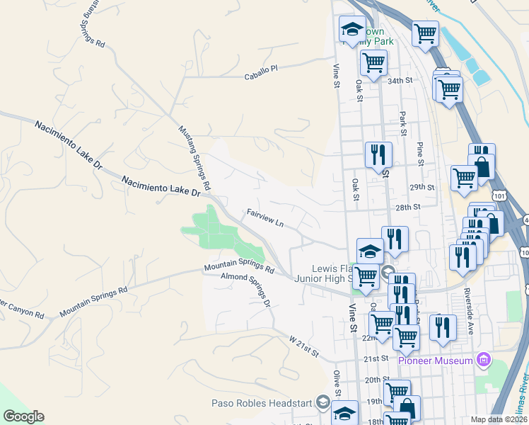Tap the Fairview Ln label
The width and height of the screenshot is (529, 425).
[265, 217]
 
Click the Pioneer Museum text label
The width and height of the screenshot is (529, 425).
[435, 361]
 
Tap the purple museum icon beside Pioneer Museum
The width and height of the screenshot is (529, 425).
[484, 360]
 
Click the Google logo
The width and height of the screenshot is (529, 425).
[23, 416]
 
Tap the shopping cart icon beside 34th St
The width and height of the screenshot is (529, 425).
[373, 62]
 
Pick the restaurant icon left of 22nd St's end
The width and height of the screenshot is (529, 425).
[443, 327]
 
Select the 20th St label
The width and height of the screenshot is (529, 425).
[373, 380]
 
